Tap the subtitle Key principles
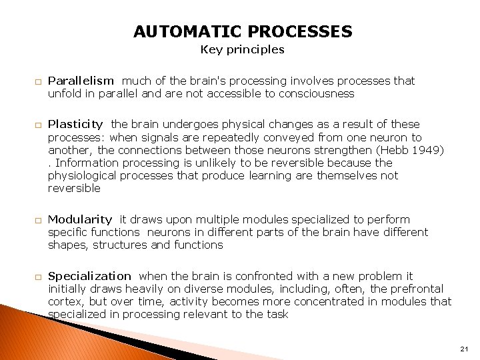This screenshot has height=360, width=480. click(x=243, y=49)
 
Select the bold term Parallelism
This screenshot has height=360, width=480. click(x=81, y=81)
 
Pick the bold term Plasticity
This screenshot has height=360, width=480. click(x=75, y=124)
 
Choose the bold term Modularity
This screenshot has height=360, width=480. click(x=80, y=219)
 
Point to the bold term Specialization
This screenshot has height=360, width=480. click(x=90, y=276)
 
